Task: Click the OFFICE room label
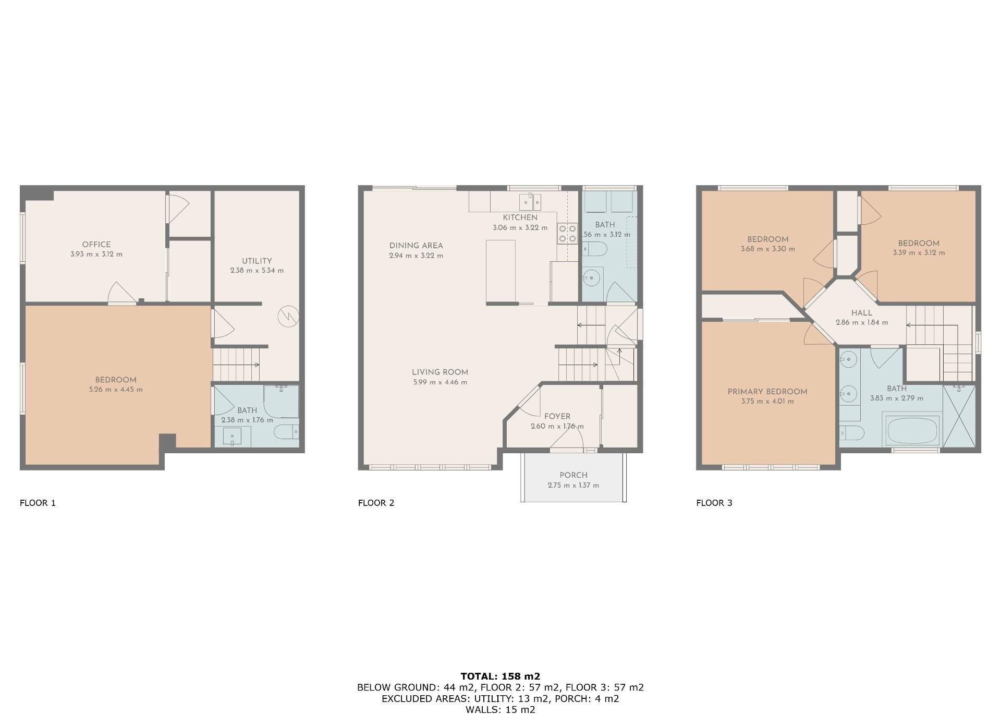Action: [96, 244]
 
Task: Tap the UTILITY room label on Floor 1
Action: [257, 261]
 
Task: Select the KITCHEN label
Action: [520, 217]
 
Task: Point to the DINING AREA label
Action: [416, 245]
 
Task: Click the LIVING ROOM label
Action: [440, 372]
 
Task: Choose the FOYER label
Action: [557, 416]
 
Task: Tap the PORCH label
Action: [573, 475]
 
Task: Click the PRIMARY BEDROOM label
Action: [767, 392]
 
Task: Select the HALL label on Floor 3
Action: [862, 313]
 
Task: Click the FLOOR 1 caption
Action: [38, 503]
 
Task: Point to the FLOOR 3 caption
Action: [714, 503]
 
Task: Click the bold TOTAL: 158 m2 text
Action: [500, 676]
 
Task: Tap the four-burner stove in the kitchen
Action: [567, 233]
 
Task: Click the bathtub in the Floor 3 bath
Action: [911, 429]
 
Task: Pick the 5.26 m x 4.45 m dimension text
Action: [116, 390]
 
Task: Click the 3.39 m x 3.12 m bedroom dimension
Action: [919, 253]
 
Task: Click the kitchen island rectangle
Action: [500, 271]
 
